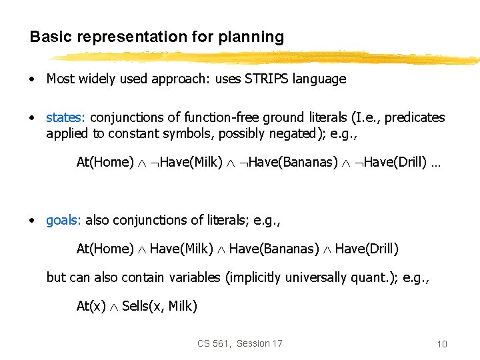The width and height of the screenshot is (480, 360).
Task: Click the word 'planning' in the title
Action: click(x=251, y=37)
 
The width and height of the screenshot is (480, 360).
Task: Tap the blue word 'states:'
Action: click(x=66, y=117)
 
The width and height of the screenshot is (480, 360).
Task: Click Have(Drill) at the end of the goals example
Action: click(x=367, y=249)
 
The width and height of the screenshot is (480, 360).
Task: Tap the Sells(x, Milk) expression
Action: click(x=159, y=306)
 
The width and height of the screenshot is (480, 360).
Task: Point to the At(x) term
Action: click(x=91, y=306)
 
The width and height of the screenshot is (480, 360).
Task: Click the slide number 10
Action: click(x=441, y=344)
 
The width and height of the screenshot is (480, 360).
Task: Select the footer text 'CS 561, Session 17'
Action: click(x=239, y=343)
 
